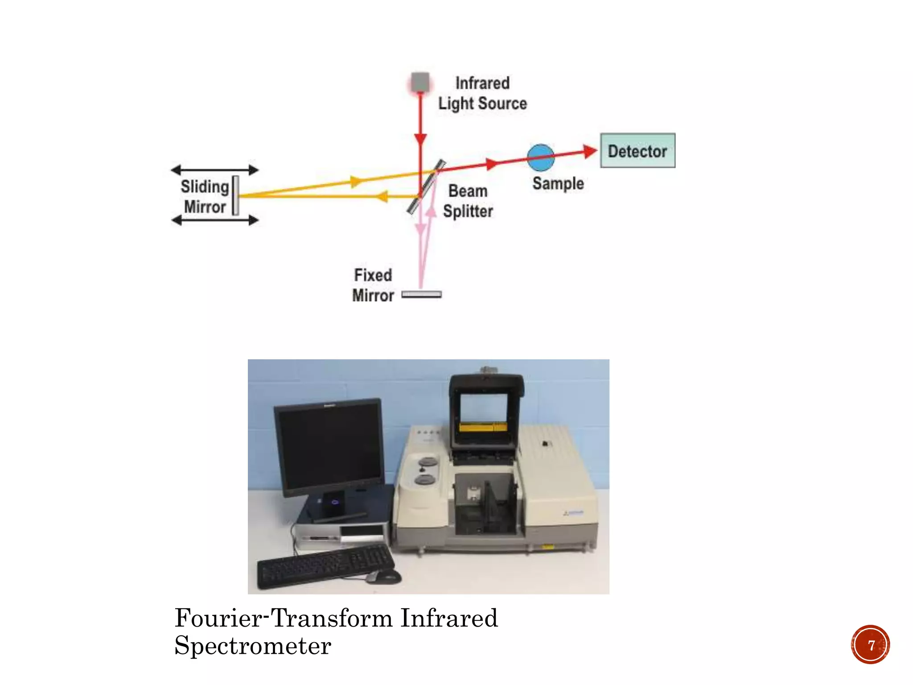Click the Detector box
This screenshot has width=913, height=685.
[x=637, y=151]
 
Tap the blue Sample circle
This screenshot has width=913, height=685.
[x=541, y=157]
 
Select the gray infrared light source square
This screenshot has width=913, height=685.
[x=420, y=83]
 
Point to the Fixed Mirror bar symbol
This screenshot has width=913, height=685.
[x=421, y=294]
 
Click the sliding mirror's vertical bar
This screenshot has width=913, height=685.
[x=235, y=196]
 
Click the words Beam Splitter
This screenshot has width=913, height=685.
[x=468, y=201]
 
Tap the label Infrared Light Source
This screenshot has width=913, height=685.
[x=482, y=93]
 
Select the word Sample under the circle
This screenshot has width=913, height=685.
[x=558, y=183]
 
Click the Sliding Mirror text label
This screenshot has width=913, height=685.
[x=205, y=197]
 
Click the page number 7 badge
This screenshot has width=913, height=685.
[x=870, y=645]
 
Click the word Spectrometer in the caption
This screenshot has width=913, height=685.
[x=253, y=646]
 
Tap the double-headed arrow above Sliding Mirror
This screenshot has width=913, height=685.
[x=215, y=170]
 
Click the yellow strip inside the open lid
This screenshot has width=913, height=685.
[x=483, y=427]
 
